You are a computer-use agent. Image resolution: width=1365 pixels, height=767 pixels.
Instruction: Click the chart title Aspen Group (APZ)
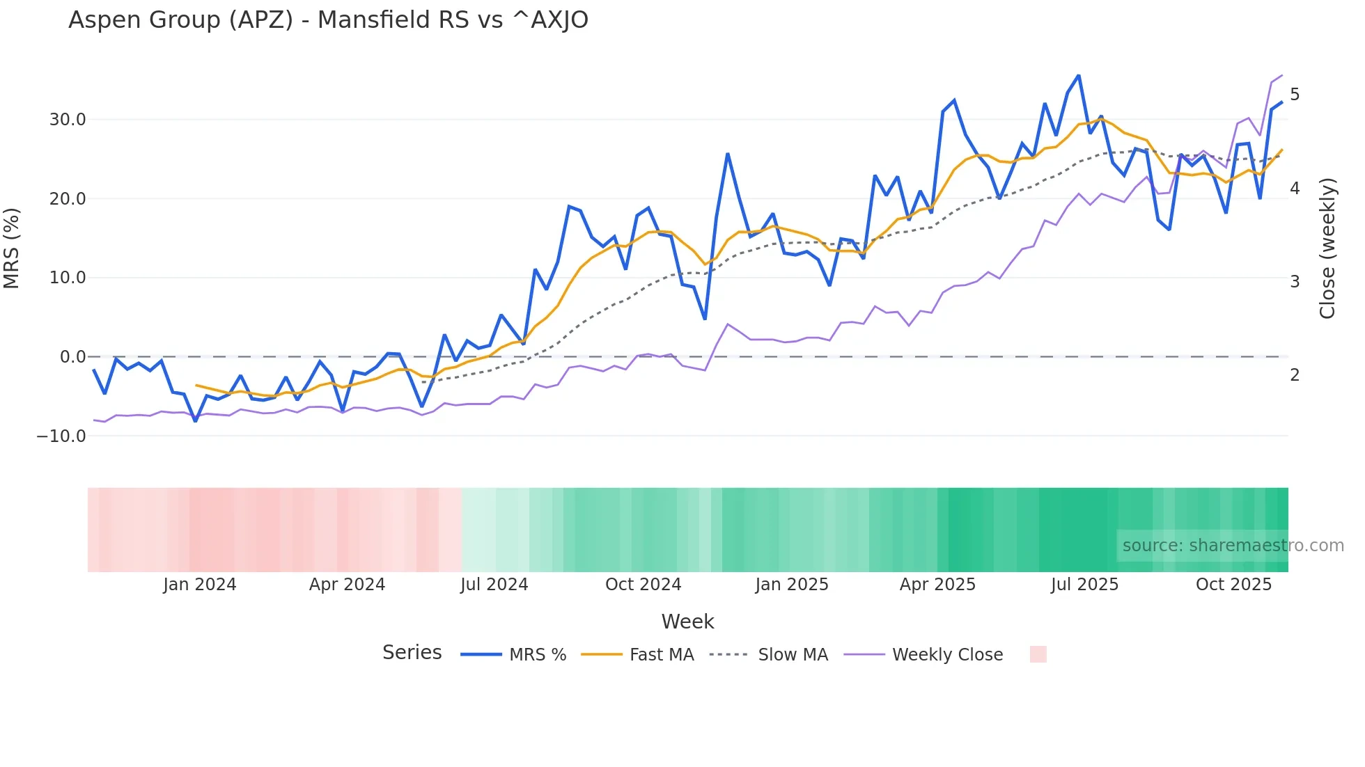pos(328,20)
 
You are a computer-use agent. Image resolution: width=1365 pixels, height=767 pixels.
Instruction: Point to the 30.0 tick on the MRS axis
pos(68,120)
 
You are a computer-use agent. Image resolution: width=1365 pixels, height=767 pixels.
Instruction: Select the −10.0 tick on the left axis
pos(61,436)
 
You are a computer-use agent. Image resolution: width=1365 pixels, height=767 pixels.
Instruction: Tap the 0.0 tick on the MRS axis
pos(73,357)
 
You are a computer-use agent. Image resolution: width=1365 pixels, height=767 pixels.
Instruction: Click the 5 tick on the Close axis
pos(1295,95)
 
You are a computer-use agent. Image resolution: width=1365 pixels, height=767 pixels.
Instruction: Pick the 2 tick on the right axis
pos(1295,375)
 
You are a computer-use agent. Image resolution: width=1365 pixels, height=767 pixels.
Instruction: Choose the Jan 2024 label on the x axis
pos(200,585)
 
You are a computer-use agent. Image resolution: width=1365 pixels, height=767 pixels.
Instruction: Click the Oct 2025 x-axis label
pos(1233,585)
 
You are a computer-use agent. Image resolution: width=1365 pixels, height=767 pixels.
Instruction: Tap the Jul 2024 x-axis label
pos(494,585)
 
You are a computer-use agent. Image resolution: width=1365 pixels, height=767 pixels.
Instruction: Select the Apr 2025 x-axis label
pos(937,585)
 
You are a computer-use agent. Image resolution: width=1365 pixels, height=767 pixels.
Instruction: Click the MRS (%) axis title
pos(12,248)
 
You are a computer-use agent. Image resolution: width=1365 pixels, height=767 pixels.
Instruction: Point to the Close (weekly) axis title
pos(1327,248)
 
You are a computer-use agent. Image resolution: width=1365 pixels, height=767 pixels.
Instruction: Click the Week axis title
pos(687,622)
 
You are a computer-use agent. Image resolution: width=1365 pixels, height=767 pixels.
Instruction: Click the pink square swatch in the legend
pos(1038,654)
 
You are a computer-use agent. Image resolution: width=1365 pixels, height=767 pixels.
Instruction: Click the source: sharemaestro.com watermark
pos(1233,546)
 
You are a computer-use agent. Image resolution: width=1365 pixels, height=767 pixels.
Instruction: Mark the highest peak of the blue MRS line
pos(1079,76)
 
